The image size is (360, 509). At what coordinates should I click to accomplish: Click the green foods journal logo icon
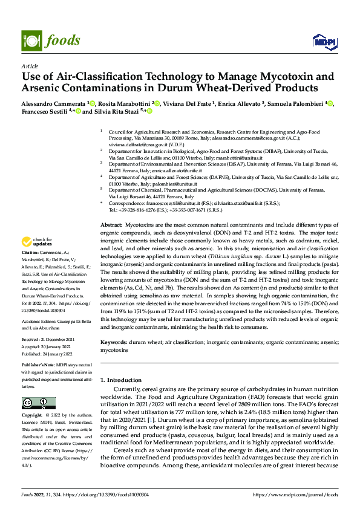coord(31,40)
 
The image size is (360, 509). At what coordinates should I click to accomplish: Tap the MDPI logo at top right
coord(322,41)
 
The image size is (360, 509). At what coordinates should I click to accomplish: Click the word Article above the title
coord(29,65)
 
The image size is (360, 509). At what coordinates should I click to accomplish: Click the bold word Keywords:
coord(113,342)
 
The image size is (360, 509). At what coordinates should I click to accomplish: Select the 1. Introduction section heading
coord(125,380)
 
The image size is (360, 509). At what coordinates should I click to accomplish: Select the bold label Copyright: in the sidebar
coord(33,416)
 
